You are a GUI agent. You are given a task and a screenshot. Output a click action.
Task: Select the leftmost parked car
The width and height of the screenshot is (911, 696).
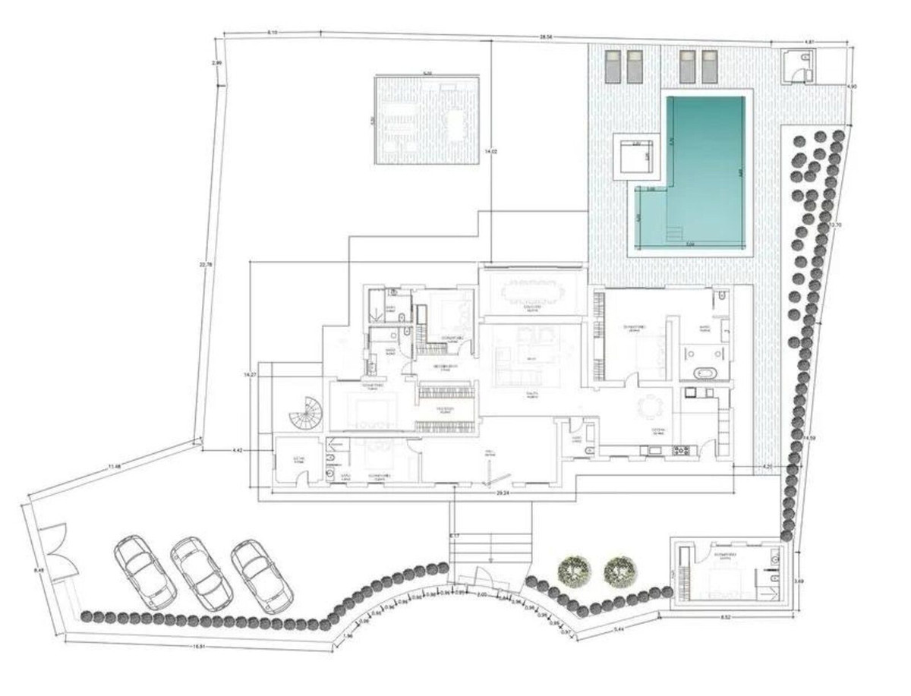pyautogui.click(x=145, y=571)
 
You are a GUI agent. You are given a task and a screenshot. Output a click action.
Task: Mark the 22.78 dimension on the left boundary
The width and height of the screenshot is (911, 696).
pyautogui.click(x=202, y=264)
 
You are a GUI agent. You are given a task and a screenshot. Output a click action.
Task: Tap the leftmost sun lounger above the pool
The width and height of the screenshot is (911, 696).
pyautogui.click(x=613, y=66)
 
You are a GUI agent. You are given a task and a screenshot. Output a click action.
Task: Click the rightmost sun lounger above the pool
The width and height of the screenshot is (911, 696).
pyautogui.click(x=709, y=66)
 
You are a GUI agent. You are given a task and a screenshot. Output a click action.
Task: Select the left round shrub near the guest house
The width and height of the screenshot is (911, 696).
pyautogui.click(x=573, y=569)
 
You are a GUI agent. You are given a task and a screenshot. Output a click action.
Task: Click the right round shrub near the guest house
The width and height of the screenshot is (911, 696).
pyautogui.click(x=620, y=569)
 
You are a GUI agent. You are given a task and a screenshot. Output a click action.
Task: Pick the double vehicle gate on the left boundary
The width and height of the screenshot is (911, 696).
pyautogui.click(x=55, y=550)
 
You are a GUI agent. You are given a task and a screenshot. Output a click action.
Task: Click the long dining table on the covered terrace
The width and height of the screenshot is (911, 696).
pyautogui.click(x=531, y=291)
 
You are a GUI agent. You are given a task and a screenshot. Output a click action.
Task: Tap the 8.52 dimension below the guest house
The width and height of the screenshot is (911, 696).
pyautogui.click(x=726, y=617)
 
